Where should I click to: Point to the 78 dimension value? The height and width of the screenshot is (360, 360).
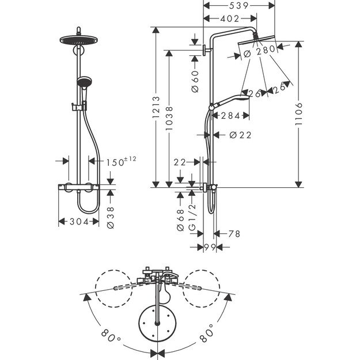(x=234, y=234)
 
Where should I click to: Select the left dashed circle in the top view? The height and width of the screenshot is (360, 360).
(x=112, y=286)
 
